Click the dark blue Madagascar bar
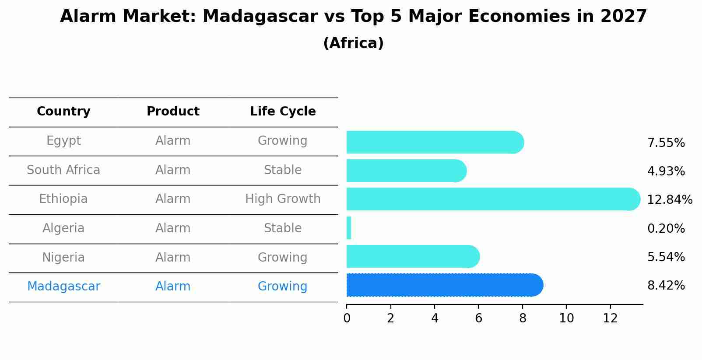tap(444, 285)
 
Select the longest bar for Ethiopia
tap(493, 199)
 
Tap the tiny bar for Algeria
tap(349, 228)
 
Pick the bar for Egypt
tap(435, 142)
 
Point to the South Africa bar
tap(406, 171)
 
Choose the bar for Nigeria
tap(413, 256)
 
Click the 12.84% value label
tap(669, 200)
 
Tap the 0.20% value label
tap(666, 228)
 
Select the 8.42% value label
tap(666, 286)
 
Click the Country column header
tap(63, 112)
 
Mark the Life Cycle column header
tap(283, 112)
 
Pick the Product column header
tap(173, 112)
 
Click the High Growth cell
tap(283, 199)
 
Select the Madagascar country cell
tap(63, 287)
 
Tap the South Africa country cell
tap(63, 170)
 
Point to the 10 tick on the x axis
tap(566, 318)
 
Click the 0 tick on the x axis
tap(347, 318)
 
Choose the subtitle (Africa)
tap(353, 43)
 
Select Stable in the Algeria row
tap(283, 228)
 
